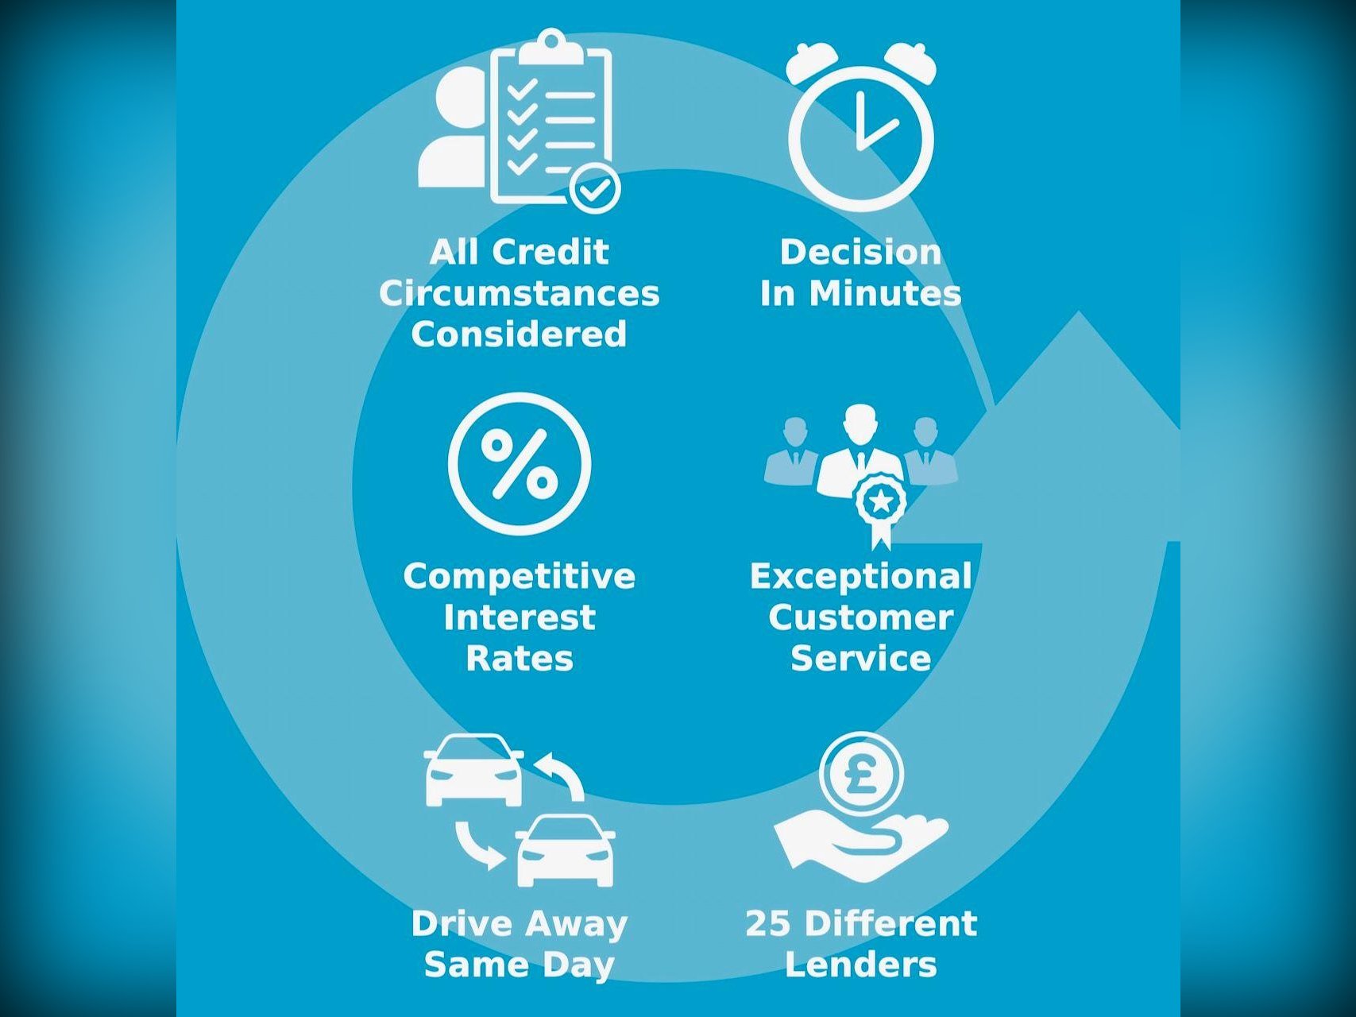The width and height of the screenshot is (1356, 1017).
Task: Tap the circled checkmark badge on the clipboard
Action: [x=596, y=189]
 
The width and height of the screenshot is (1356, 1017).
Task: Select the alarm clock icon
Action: [x=861, y=126]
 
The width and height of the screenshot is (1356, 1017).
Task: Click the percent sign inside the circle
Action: [x=520, y=463]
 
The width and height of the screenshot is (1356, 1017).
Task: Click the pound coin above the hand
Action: [x=861, y=773]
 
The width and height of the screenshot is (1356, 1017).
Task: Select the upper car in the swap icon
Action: [x=474, y=769]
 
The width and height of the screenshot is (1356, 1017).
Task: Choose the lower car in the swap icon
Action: [x=566, y=849]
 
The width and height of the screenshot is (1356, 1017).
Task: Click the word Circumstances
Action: [x=520, y=293]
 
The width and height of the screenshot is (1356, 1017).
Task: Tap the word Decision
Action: [x=861, y=252]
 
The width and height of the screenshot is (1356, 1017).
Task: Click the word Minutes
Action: [x=885, y=293]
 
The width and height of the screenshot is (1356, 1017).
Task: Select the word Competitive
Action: [x=520, y=577]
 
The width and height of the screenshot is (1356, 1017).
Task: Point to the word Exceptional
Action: [x=861, y=577]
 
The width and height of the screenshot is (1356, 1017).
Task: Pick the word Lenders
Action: [x=861, y=965]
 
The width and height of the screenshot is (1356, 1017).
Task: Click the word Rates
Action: [x=520, y=659]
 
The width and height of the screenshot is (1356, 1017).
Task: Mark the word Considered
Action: [x=520, y=334]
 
